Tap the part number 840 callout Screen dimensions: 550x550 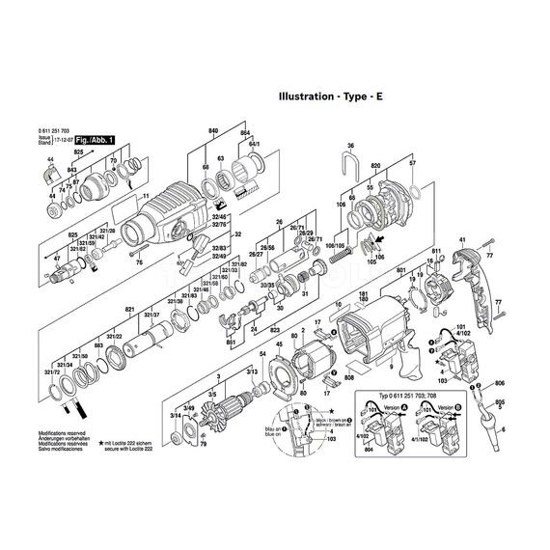point(213,129)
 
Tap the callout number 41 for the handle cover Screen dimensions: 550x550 point(462,238)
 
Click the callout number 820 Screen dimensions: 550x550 point(375,165)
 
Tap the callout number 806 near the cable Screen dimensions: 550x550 point(499,383)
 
